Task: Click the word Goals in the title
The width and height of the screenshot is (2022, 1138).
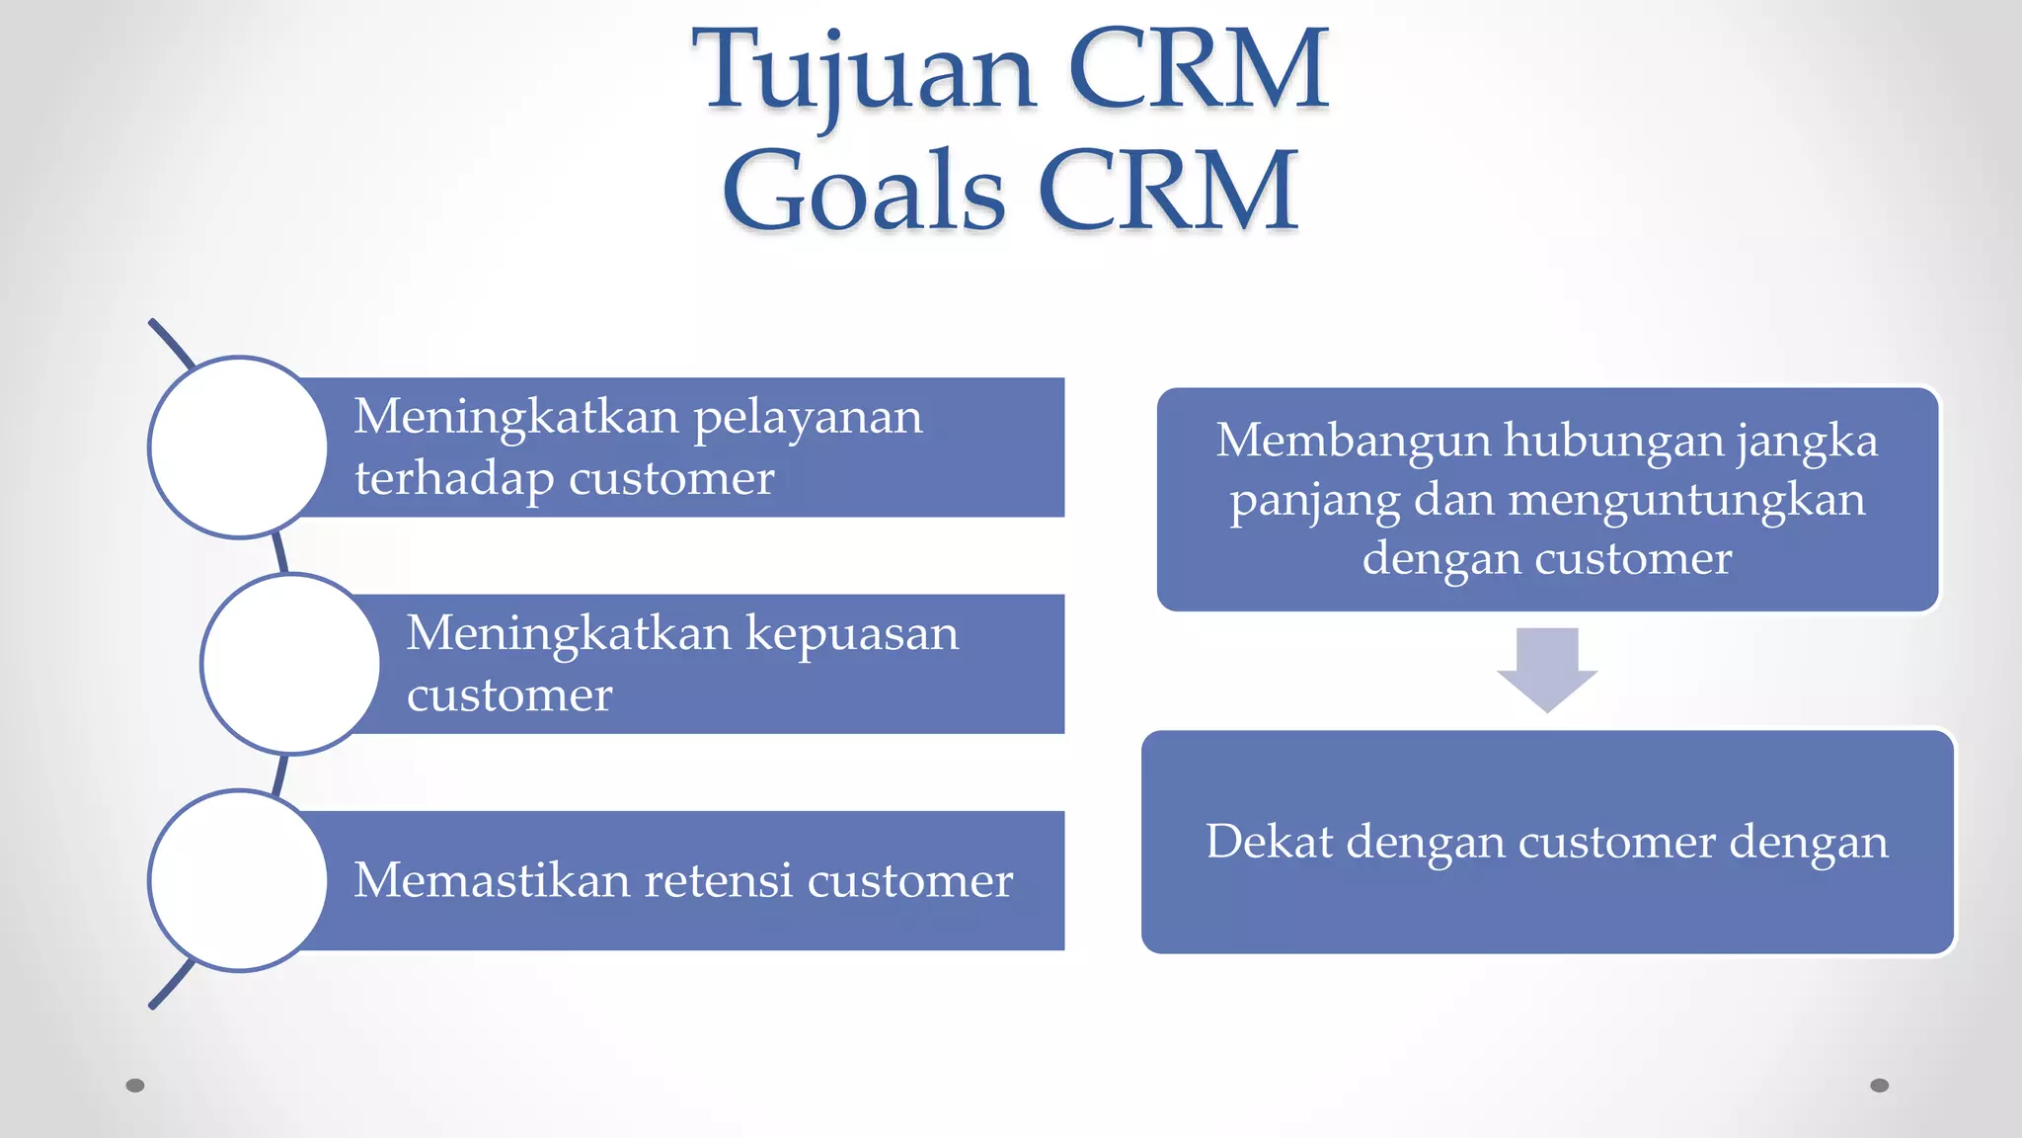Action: (x=863, y=192)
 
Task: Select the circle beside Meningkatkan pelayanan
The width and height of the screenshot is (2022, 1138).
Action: (x=238, y=447)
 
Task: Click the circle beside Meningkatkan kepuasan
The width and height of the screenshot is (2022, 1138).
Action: (x=290, y=664)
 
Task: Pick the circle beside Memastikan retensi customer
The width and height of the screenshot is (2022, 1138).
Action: (x=238, y=880)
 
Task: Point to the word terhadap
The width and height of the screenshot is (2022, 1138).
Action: (x=454, y=479)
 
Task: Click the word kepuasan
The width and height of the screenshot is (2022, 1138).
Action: (x=851, y=634)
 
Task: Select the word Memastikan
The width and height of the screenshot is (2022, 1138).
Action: (x=491, y=880)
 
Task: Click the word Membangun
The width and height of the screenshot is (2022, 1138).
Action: (x=1353, y=441)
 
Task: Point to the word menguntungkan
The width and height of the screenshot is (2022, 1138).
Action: (x=1686, y=500)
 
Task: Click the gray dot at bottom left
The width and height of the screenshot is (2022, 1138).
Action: (x=135, y=1086)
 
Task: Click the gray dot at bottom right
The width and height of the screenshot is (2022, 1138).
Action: (x=1879, y=1086)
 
